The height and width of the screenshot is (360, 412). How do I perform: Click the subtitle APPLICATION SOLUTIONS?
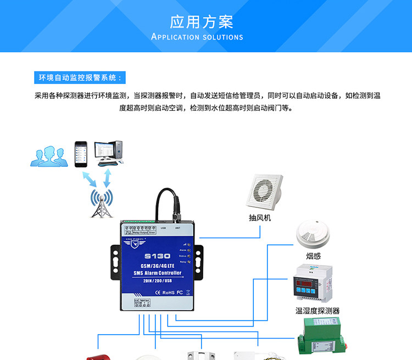pos(197,37)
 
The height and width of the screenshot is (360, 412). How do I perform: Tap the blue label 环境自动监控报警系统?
pos(79,77)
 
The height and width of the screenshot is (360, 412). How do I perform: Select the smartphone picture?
pos(81,154)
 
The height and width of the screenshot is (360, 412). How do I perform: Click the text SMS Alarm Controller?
pos(157,273)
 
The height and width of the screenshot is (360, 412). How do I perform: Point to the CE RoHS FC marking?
pos(158,292)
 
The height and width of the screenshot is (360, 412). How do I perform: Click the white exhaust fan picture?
pos(265,192)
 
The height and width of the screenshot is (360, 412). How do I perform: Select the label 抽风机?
pos(260,218)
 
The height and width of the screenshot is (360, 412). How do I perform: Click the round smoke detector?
pos(313,234)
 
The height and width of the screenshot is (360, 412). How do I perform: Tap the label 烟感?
pos(313,256)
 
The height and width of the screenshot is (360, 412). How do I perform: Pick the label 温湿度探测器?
pos(318,311)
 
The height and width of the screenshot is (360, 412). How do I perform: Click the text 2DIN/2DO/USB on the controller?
pos(157,281)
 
